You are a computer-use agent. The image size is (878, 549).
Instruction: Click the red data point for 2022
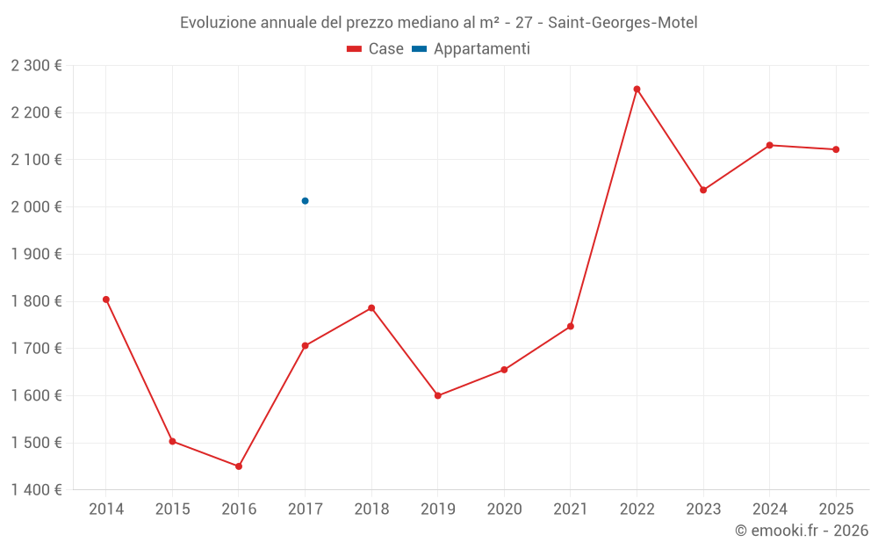pyautogui.click(x=637, y=89)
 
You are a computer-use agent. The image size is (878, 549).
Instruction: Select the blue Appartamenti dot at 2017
pyautogui.click(x=305, y=201)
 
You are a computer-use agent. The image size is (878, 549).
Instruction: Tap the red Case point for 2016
pyautogui.click(x=239, y=466)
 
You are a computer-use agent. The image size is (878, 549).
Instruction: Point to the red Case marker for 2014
pyautogui.click(x=106, y=300)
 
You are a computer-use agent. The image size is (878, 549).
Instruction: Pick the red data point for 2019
pyautogui.click(x=438, y=395)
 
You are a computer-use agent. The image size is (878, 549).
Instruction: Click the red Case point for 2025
pyautogui.click(x=836, y=149)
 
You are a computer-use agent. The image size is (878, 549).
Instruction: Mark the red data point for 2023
pyautogui.click(x=703, y=190)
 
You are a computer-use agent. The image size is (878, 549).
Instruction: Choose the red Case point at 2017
pyautogui.click(x=305, y=346)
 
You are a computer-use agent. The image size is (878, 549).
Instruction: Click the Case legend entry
pyautogui.click(x=375, y=49)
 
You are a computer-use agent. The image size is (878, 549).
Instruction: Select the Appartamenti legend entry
pyautogui.click(x=471, y=49)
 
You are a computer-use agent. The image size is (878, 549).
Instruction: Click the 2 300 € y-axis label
pyautogui.click(x=36, y=65)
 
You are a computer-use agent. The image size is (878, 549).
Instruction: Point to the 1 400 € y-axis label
pyautogui.click(x=36, y=490)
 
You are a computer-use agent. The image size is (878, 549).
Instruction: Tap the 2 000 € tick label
pyautogui.click(x=36, y=207)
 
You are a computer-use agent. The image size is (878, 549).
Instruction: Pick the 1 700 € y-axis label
pyautogui.click(x=36, y=349)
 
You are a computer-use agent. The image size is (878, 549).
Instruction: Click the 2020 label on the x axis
pyautogui.click(x=504, y=509)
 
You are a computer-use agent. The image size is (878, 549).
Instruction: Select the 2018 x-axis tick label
pyautogui.click(x=371, y=509)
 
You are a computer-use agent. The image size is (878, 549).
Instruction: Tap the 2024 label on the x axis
pyautogui.click(x=769, y=509)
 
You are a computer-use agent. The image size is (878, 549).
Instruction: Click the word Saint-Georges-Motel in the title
pyautogui.click(x=623, y=23)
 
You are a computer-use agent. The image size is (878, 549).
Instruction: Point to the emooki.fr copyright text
pyautogui.click(x=802, y=531)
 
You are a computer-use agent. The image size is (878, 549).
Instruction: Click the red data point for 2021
pyautogui.click(x=571, y=326)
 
